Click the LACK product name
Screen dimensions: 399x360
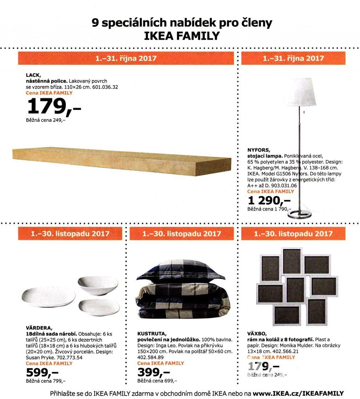(x=33, y=75)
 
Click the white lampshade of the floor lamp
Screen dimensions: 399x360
(x=300, y=92)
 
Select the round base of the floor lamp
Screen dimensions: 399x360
(x=300, y=214)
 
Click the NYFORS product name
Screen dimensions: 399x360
(x=259, y=150)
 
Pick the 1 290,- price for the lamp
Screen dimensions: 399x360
(x=269, y=200)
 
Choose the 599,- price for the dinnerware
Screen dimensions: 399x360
(x=42, y=372)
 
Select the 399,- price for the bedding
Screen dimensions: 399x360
(x=154, y=372)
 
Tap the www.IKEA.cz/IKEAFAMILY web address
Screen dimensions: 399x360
(x=298, y=394)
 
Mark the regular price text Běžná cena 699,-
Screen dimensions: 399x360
(x=157, y=381)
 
